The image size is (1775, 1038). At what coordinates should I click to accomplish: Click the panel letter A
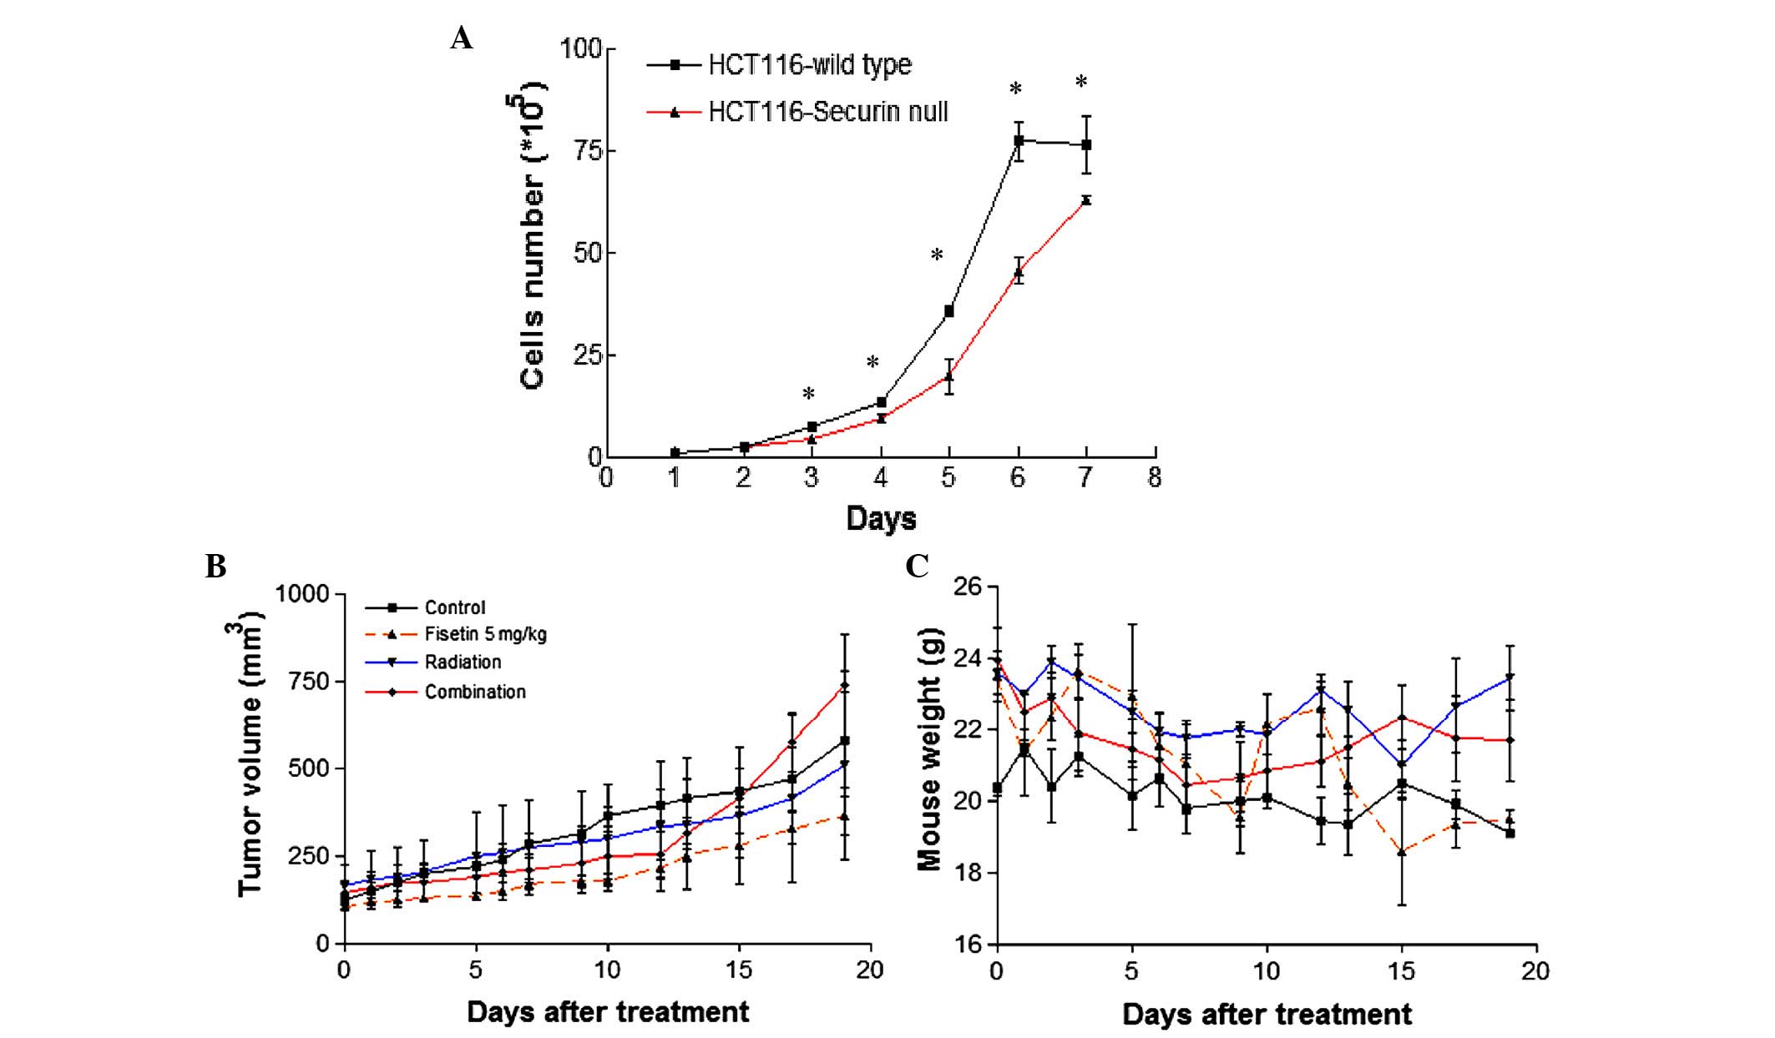(461, 38)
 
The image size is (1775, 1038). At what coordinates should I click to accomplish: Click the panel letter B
(215, 567)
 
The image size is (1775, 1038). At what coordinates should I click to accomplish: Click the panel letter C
(917, 567)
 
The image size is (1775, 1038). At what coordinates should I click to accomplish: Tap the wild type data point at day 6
(1019, 140)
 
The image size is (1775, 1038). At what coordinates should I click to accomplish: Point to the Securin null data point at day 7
(1086, 200)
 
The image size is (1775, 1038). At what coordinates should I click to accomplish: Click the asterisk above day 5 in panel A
(937, 256)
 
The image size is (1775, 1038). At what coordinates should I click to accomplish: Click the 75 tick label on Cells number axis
(584, 151)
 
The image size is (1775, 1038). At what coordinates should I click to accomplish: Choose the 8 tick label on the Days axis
(1155, 478)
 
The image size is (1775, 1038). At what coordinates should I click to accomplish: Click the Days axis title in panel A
(881, 519)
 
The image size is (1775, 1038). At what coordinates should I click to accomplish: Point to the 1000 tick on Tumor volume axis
(302, 594)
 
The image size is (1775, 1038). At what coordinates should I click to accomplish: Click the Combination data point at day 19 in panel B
(845, 686)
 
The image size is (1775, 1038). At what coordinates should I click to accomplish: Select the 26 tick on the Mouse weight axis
(968, 587)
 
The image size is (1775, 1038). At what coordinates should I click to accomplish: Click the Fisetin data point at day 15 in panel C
(1403, 852)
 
